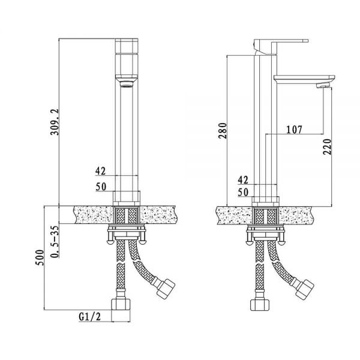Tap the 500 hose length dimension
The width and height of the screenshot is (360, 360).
39,257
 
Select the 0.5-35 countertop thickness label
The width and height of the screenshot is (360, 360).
55,242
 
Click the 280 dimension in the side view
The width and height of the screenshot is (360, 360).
223,131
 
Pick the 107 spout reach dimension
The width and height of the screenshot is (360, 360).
294,130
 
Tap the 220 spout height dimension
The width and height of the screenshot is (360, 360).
328,147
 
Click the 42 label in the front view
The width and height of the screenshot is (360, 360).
100,171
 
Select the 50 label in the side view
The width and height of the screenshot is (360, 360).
243,192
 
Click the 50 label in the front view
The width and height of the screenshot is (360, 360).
101,187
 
